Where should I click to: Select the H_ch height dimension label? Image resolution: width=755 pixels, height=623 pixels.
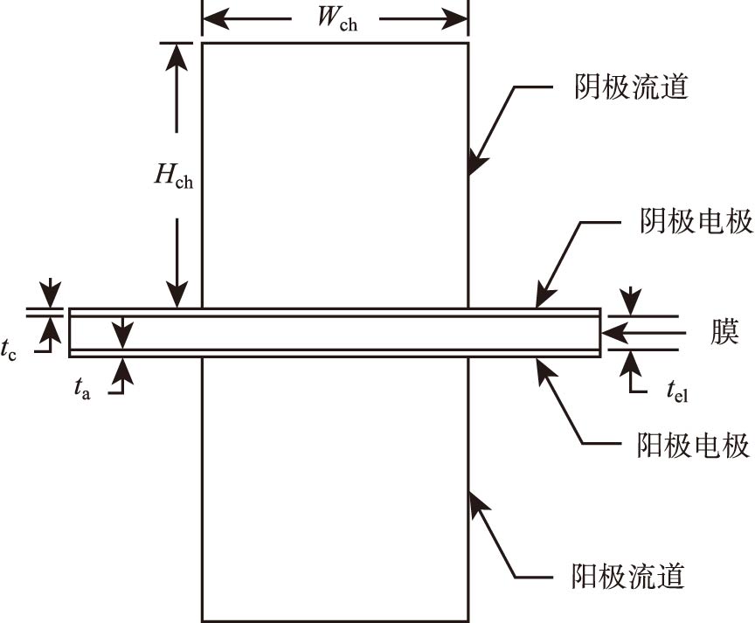click(x=174, y=177)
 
